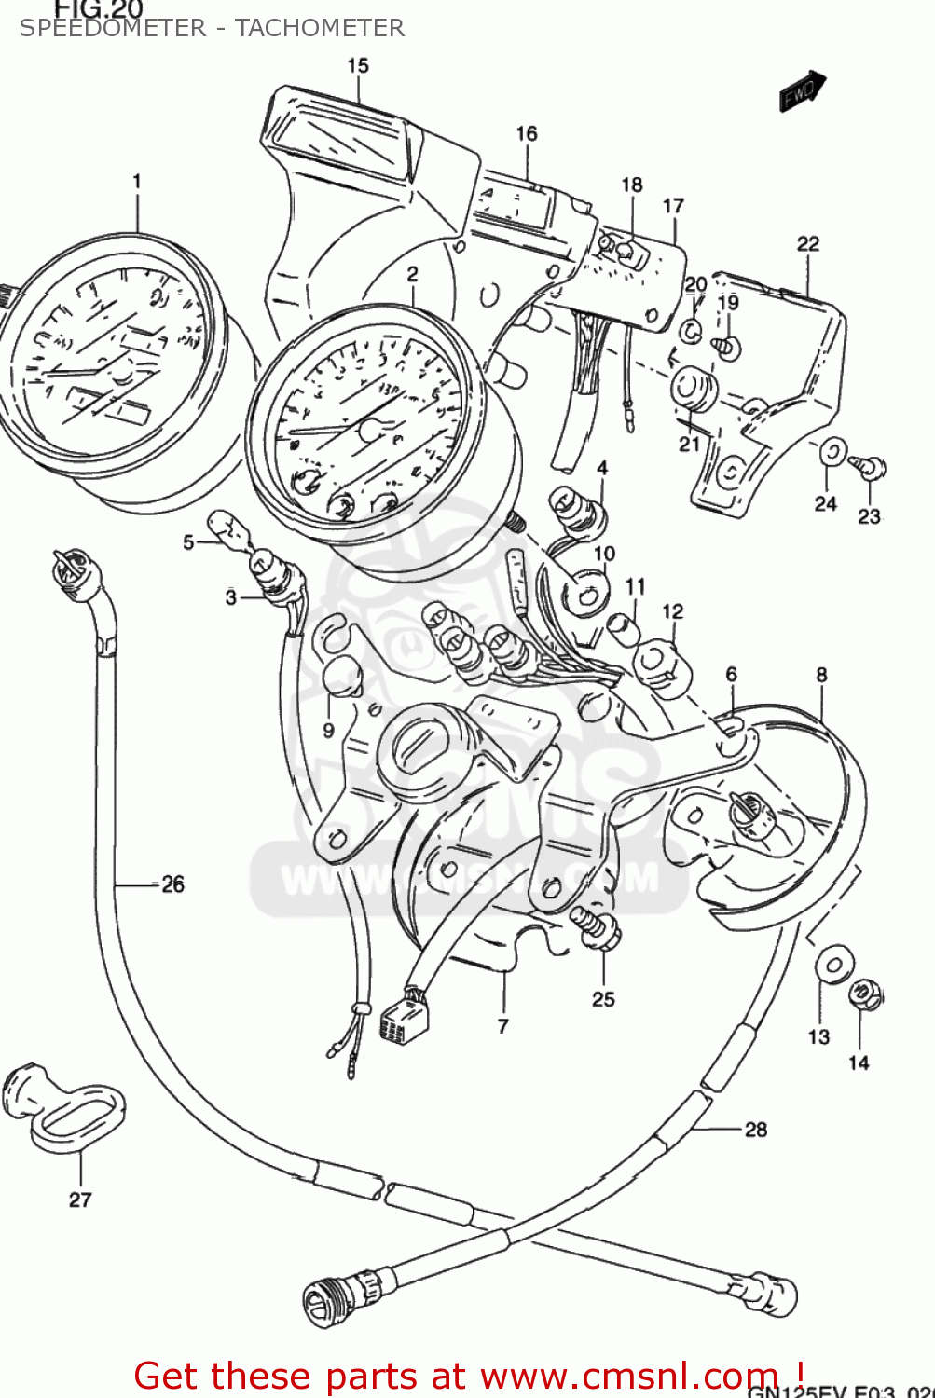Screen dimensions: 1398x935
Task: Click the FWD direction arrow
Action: tap(802, 91)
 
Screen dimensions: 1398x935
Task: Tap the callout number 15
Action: tap(358, 66)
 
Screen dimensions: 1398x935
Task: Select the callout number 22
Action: tap(808, 244)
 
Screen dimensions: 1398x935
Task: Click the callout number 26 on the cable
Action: tap(172, 884)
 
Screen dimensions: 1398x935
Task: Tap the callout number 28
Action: tap(756, 1130)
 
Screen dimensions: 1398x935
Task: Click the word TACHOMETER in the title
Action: tap(320, 28)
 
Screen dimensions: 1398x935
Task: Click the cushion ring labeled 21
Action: tap(694, 389)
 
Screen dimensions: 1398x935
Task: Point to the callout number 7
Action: tap(503, 1026)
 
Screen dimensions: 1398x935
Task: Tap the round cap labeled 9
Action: tap(341, 676)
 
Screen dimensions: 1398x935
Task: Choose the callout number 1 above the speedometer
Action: tap(137, 181)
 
